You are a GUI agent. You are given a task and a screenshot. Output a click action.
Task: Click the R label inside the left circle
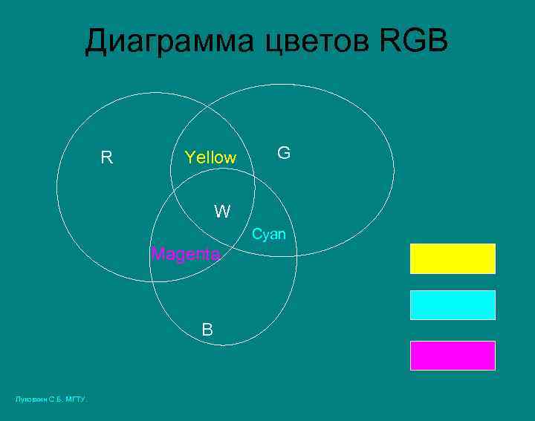click(x=107, y=157)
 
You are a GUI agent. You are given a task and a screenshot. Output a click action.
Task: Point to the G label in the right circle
click(x=284, y=153)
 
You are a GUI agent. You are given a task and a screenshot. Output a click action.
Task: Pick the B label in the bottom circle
click(x=208, y=330)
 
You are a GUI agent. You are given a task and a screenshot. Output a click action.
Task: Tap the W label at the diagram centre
click(x=222, y=212)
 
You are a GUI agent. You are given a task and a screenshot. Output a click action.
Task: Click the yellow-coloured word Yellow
click(x=210, y=157)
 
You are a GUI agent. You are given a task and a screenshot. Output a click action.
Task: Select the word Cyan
click(x=268, y=234)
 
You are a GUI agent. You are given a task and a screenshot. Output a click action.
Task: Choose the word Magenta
click(x=186, y=254)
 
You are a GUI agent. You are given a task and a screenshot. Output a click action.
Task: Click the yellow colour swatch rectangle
click(x=453, y=258)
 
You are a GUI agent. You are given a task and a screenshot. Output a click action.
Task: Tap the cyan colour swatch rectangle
click(x=453, y=305)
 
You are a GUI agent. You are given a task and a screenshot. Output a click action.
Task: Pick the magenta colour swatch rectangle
click(x=453, y=355)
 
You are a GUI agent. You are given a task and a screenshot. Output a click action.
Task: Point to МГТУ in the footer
click(x=76, y=400)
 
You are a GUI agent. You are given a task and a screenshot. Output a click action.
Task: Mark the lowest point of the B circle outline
click(x=223, y=345)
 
